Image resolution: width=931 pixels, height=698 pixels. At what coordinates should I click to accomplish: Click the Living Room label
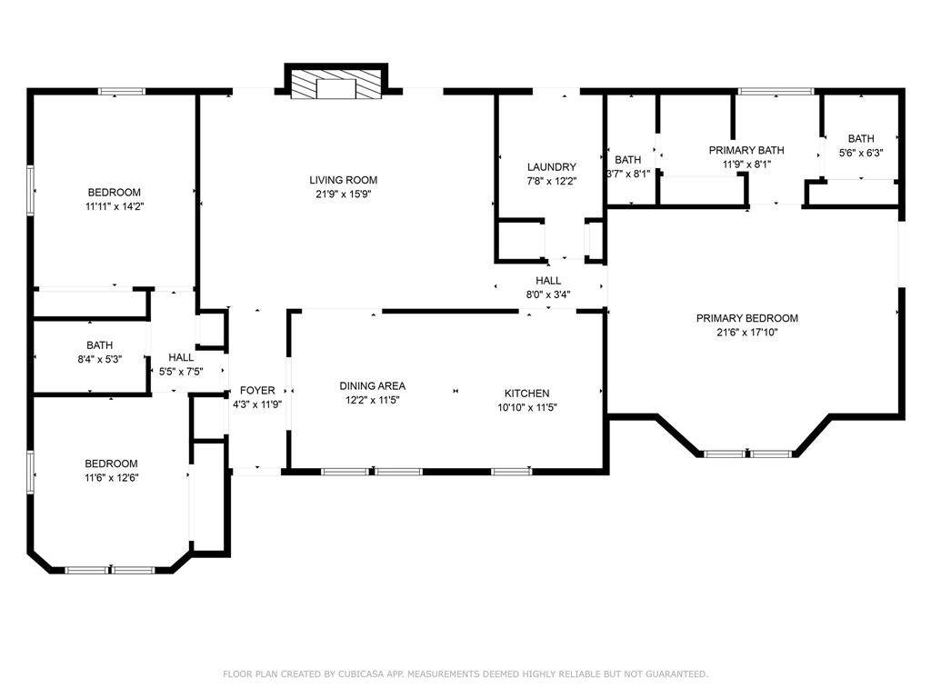coord(343,180)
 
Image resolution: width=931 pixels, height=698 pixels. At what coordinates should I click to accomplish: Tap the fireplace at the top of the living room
coord(336,81)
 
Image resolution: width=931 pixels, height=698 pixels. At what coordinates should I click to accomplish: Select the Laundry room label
coord(552,167)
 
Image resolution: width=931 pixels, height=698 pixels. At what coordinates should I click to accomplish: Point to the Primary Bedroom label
coord(747,318)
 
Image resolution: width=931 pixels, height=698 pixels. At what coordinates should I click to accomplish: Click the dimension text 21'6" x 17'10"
coord(747,333)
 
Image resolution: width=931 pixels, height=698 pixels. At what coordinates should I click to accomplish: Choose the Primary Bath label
coord(746,150)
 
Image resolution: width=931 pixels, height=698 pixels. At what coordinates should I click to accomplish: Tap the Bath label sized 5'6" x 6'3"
coord(861,138)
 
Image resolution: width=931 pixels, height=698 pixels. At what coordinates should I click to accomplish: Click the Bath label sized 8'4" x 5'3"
coord(100,344)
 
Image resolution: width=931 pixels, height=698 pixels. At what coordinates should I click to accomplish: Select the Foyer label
coord(257,391)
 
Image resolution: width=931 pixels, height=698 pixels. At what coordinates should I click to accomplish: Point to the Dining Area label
coord(372,385)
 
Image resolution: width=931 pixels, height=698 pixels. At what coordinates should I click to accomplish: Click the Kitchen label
coord(526,393)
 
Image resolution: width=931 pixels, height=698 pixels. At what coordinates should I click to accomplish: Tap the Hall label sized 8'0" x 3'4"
coord(548,280)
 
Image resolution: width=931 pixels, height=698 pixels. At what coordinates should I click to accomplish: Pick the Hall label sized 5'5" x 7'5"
coord(181,357)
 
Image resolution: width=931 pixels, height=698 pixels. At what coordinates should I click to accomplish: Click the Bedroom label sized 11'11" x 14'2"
coord(114,193)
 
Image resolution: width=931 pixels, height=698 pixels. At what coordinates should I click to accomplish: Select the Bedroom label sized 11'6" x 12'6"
coord(111,464)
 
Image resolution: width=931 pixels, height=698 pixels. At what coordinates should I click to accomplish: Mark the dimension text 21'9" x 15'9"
coord(343,194)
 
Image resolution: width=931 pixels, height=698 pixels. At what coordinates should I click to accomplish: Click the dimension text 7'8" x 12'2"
coord(552,182)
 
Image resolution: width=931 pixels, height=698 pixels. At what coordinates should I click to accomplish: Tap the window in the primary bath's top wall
coord(776,92)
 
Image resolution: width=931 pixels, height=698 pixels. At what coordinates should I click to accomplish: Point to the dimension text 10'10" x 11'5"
coord(527,407)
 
